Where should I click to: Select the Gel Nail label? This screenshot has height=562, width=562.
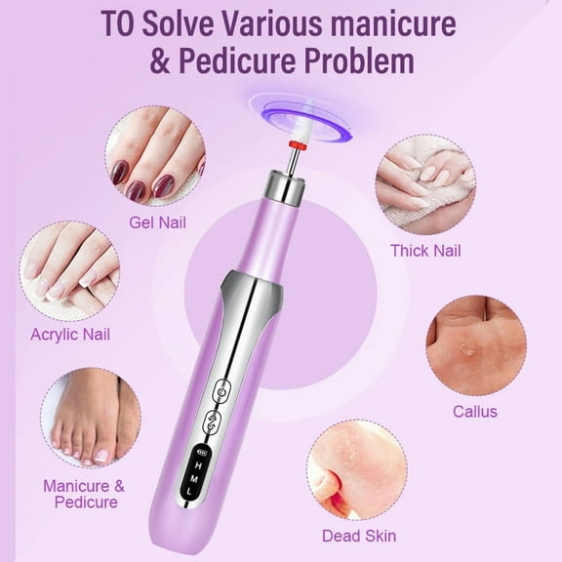point(156,221)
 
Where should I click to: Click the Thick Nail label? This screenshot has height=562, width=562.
point(425,251)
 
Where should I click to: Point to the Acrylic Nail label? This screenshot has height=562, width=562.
point(69,335)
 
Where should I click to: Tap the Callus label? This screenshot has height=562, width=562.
point(475,411)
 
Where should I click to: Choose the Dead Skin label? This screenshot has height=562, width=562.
point(359,536)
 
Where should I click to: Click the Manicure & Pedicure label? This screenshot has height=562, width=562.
point(84,494)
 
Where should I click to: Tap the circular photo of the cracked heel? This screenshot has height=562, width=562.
point(356,468)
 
